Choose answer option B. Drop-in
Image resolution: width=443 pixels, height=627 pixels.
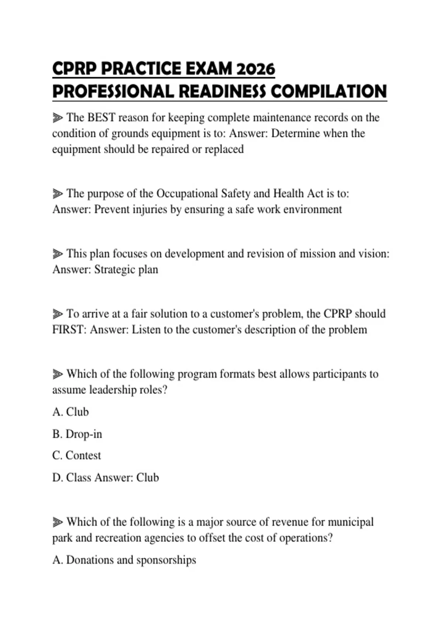point(77,434)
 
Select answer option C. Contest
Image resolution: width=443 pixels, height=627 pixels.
point(76,455)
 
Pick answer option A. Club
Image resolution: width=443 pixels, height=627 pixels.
point(71,412)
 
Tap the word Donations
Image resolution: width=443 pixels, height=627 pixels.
point(90,560)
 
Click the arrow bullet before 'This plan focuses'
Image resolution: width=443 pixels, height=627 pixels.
point(58,254)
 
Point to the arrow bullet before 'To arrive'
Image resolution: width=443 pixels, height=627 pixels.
point(58,314)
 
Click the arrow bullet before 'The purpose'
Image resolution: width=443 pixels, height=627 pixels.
point(58,194)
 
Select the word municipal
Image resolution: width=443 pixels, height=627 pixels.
point(351,522)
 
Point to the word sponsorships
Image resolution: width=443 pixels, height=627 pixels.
point(166,560)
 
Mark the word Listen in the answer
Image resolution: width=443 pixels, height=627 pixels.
point(146,330)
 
